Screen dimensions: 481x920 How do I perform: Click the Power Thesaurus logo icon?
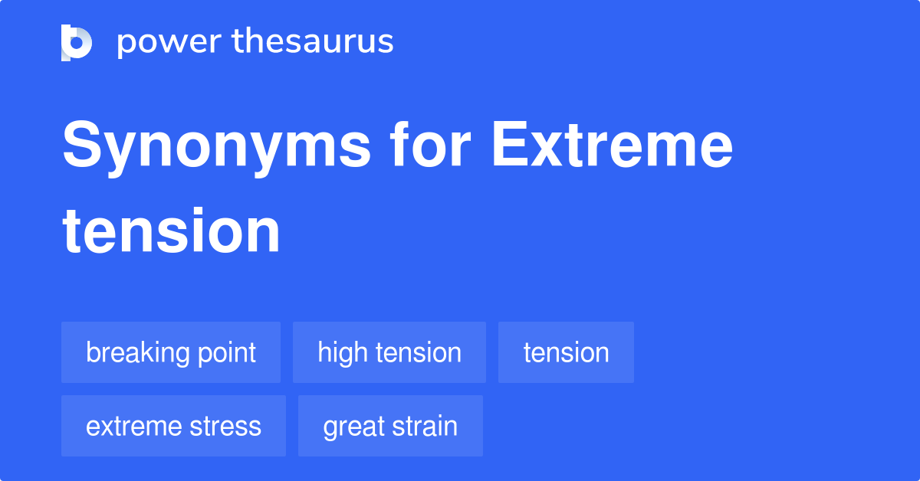(x=76, y=42)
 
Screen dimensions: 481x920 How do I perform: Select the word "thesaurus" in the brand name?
(x=313, y=42)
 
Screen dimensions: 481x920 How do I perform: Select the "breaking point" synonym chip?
(x=171, y=352)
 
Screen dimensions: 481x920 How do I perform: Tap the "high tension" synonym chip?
(x=389, y=352)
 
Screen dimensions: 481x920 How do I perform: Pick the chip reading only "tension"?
(x=566, y=352)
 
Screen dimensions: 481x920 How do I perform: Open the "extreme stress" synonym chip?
(x=173, y=426)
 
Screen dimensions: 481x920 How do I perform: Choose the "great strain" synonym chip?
(x=390, y=426)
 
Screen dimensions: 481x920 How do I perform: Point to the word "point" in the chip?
(x=225, y=353)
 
